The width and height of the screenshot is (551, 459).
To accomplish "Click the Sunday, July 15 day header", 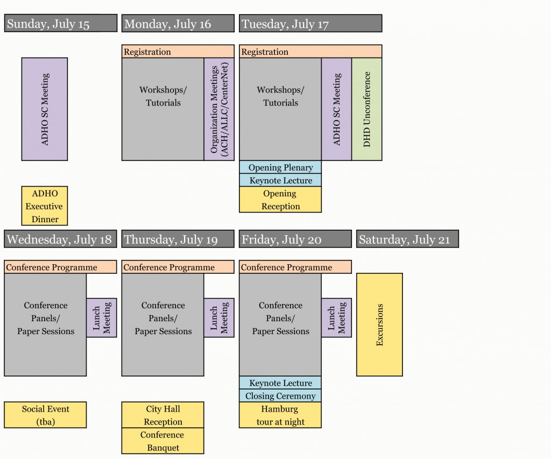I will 60,24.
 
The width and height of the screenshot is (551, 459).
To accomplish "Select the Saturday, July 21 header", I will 407,239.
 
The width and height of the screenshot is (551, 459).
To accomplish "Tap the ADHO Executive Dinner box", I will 45,206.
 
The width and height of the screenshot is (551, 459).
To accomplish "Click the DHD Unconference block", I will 367,109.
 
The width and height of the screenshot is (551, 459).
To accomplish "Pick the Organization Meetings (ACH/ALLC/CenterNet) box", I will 219,109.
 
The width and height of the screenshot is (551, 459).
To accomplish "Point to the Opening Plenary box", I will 280,167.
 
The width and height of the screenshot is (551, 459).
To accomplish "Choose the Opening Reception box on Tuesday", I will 280,200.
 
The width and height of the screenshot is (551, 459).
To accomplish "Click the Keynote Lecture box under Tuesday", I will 280,180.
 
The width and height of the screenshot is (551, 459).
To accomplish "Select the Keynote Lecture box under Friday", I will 280,383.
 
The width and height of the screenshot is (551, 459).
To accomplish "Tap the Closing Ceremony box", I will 280,396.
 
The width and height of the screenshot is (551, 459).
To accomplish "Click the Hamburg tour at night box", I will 280,415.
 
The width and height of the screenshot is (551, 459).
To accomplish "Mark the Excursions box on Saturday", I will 379,324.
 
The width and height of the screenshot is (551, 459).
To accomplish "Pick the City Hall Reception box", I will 163,415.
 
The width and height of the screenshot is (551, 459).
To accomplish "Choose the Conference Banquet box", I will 163,441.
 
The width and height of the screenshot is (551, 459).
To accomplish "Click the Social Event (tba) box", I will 45,415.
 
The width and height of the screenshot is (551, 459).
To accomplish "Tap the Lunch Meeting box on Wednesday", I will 102,317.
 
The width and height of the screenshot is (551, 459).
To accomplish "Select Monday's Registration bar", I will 178,52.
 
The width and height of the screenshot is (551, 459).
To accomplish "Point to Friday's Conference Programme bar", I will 295,267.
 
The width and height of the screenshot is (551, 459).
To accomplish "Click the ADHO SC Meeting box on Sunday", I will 45,109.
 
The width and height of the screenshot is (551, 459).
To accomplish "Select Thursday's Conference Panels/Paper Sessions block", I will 163,324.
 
